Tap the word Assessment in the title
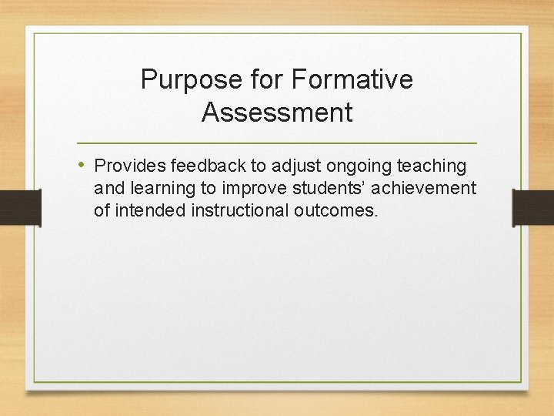pyautogui.click(x=277, y=112)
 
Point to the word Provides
pyautogui.click(x=129, y=166)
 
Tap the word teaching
pyautogui.click(x=431, y=166)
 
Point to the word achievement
pyautogui.click(x=424, y=189)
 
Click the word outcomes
pyautogui.click(x=336, y=210)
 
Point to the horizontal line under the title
pyautogui.click(x=277, y=143)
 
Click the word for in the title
pyautogui.click(x=267, y=79)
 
